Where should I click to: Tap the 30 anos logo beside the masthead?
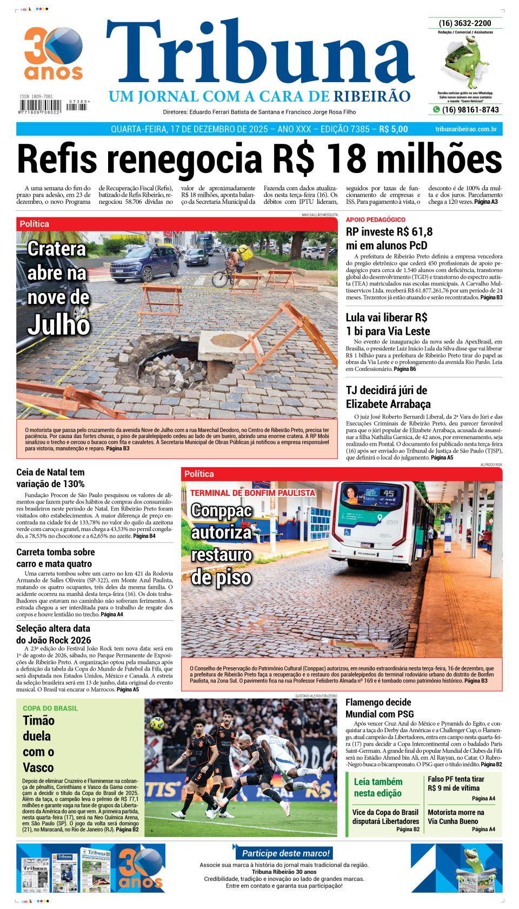pos(53,53)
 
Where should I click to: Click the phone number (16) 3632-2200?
pos(465,23)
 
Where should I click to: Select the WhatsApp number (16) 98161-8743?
pos(470,110)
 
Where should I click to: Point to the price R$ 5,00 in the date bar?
pos(394,129)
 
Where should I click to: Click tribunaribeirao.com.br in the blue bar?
pos(465,129)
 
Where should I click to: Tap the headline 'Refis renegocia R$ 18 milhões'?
pos(259,160)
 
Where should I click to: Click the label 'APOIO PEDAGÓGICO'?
pos(375,220)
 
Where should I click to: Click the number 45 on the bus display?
pos(389,493)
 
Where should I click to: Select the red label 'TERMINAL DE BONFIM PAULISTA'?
pos(252,493)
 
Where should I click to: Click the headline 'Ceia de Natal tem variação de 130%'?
pos(50,478)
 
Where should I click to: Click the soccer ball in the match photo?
pos(157,724)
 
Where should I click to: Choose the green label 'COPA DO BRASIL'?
pos(50,708)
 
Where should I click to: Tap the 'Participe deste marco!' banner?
pos(285,853)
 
